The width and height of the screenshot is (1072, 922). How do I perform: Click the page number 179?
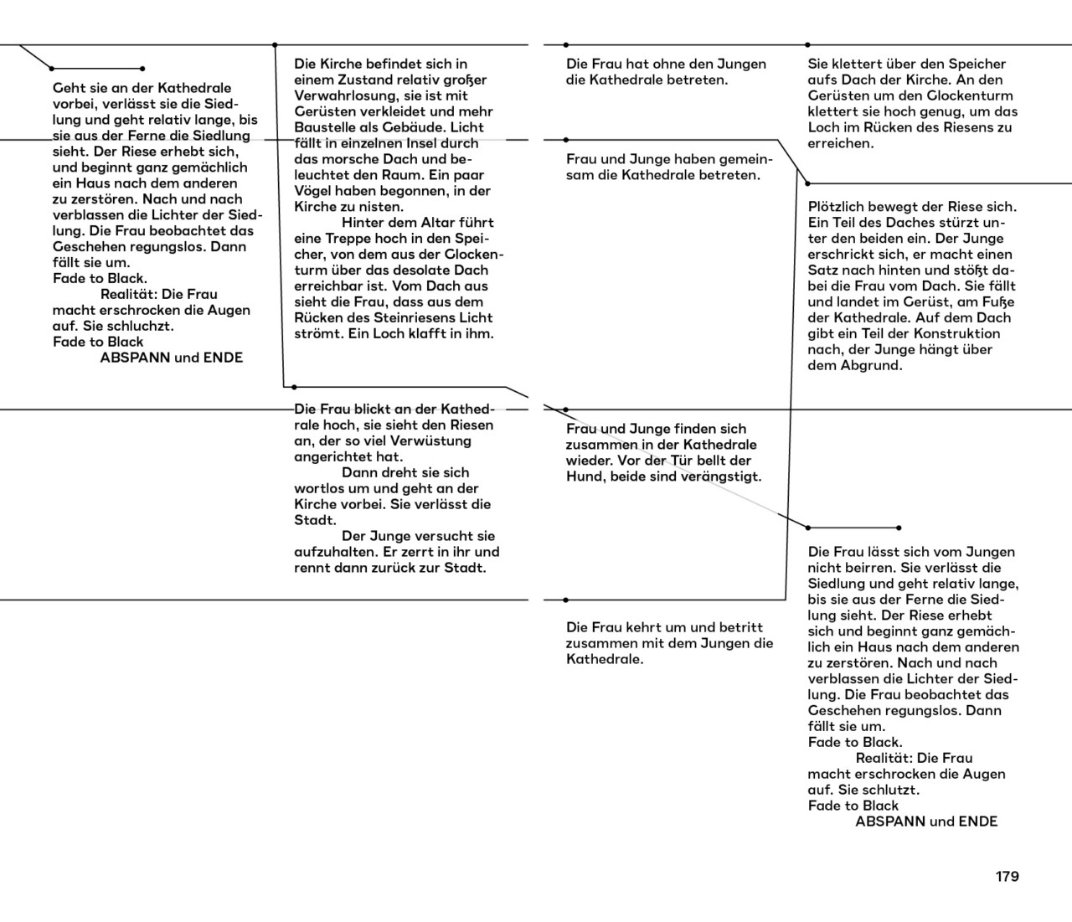(x=1007, y=877)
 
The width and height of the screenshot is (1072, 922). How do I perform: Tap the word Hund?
(x=585, y=477)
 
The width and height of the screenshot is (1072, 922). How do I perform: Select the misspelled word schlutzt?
(x=891, y=791)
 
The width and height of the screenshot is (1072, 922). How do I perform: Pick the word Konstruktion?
(x=956, y=334)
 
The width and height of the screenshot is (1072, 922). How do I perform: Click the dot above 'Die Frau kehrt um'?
(x=566, y=600)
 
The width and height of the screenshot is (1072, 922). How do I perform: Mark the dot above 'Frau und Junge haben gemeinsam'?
(x=566, y=140)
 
